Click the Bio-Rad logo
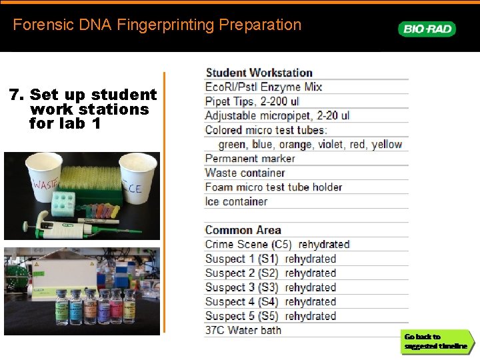tap(427, 29)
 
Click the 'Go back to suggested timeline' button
tap(436, 341)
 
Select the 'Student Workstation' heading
tap(259, 73)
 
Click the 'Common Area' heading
tap(243, 230)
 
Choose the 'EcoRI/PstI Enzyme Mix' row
tap(263, 87)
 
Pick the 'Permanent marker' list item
tap(250, 159)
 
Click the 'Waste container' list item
tap(245, 173)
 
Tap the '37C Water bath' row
tap(243, 330)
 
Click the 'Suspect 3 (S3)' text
tap(241, 287)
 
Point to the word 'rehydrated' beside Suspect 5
tap(310, 316)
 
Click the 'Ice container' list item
tap(236, 201)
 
